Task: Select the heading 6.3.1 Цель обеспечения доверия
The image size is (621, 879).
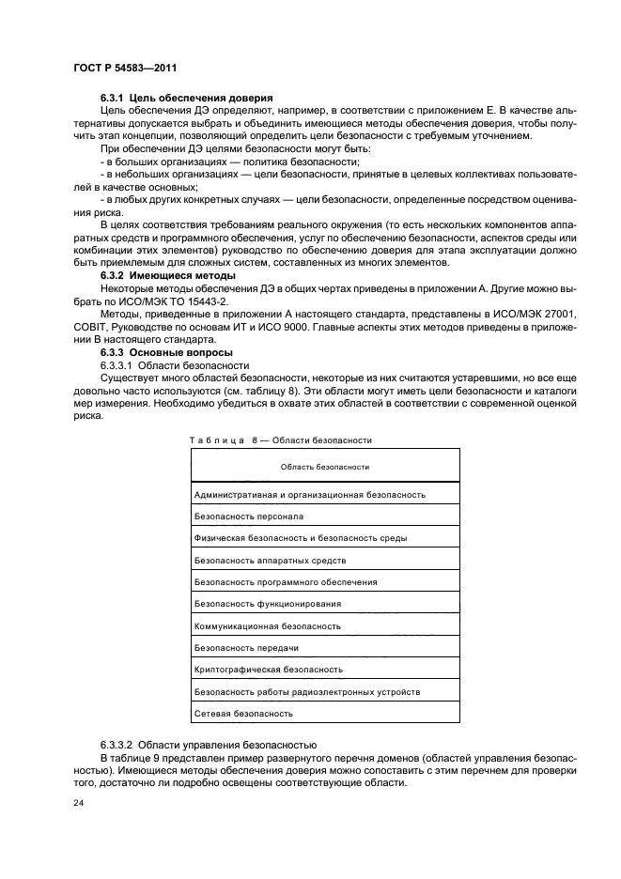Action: pos(186,98)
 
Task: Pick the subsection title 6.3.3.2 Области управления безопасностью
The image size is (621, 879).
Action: pos(209,743)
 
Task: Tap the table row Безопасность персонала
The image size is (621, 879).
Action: pos(248,516)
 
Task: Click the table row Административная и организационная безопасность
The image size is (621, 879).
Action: pos(309,494)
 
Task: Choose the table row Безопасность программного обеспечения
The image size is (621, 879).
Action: pos(285,581)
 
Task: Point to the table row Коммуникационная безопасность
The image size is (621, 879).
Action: pos(266,625)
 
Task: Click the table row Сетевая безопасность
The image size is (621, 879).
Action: pos(242,714)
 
